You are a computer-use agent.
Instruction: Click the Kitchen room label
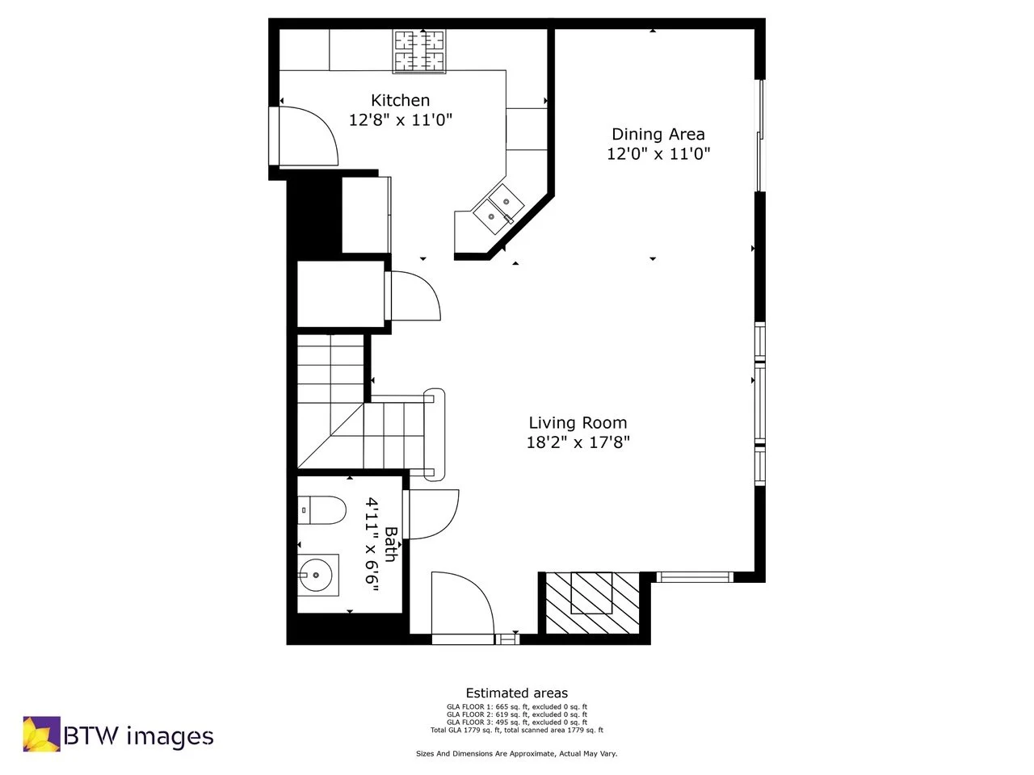(400, 100)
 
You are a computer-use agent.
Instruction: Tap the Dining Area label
(658, 134)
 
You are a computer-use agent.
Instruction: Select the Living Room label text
(578, 422)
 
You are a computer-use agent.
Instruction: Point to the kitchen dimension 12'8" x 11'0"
(400, 120)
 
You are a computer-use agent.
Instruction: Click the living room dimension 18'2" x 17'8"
(578, 442)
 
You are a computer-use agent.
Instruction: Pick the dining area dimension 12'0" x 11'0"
(658, 154)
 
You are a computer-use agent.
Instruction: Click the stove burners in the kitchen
(419, 50)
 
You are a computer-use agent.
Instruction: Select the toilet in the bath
(321, 510)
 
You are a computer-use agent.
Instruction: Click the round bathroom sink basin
(315, 576)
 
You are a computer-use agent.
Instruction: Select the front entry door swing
(461, 605)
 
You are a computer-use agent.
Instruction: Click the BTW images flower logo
(40, 734)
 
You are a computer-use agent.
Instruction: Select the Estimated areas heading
(516, 693)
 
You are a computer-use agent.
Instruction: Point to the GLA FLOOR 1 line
(516, 706)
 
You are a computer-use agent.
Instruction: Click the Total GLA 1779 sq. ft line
(516, 730)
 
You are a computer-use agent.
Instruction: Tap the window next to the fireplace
(694, 576)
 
